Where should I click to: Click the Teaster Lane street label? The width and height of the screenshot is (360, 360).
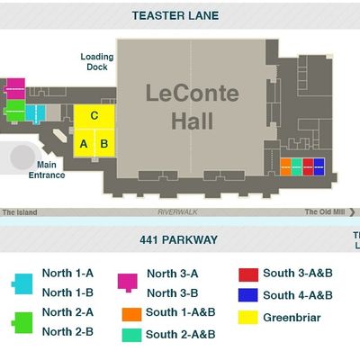(x=175, y=15)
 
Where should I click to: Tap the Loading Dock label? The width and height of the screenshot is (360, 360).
(x=97, y=62)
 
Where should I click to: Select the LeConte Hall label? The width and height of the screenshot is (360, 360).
(x=193, y=107)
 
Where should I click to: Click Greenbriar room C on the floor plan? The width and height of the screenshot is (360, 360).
(x=94, y=117)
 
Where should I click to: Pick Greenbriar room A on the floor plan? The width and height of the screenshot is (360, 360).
(x=84, y=143)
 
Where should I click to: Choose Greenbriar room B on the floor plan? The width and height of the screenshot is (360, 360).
(x=104, y=143)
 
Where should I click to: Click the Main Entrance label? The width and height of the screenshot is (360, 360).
(x=47, y=170)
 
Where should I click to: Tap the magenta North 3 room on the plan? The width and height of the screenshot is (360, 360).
(x=15, y=89)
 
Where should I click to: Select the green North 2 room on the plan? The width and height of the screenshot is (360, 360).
(x=15, y=111)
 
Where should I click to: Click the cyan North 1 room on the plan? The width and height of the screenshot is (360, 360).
(x=35, y=113)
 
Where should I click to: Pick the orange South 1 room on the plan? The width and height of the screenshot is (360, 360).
(x=285, y=166)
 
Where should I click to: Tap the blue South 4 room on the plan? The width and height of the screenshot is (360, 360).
(x=319, y=166)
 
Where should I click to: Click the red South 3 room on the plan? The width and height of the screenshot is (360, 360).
(x=308, y=166)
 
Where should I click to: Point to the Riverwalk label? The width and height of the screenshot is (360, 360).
(x=177, y=212)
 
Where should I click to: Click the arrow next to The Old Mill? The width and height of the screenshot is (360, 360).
(x=352, y=212)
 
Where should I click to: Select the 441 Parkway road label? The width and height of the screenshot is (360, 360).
(x=178, y=239)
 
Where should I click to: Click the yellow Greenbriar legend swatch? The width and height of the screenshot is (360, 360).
(x=248, y=318)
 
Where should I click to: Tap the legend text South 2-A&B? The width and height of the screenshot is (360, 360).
(x=181, y=334)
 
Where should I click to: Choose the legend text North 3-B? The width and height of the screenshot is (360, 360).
(x=173, y=293)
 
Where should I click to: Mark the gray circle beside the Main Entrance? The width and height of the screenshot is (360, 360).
(x=22, y=157)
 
